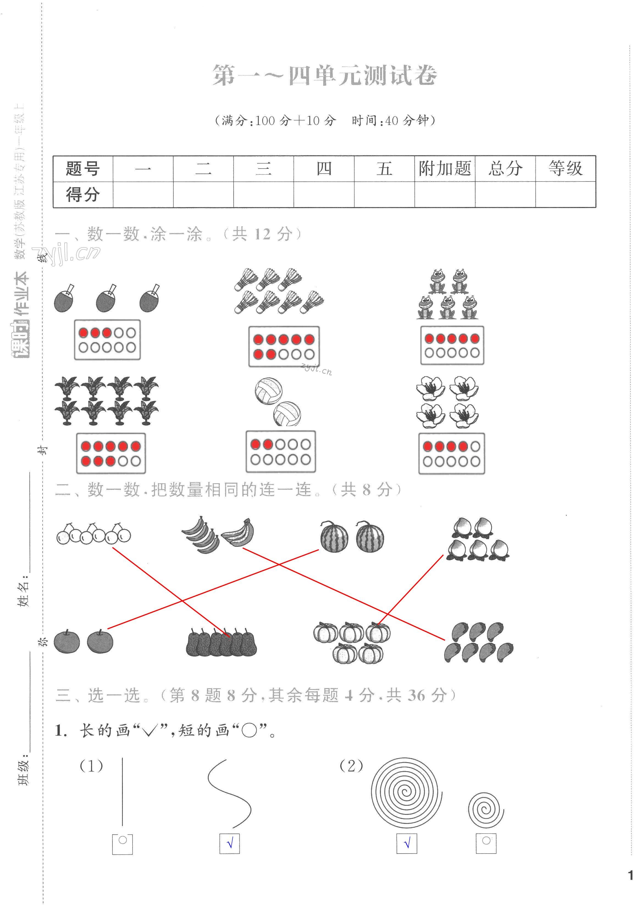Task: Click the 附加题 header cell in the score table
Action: pyautogui.click(x=444, y=169)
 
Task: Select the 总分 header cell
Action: pyautogui.click(x=505, y=169)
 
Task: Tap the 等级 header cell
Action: pyautogui.click(x=565, y=169)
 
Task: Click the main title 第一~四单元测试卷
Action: pyautogui.click(x=325, y=75)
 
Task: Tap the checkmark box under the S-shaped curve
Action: pyautogui.click(x=229, y=844)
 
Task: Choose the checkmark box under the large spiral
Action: pyautogui.click(x=407, y=844)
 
